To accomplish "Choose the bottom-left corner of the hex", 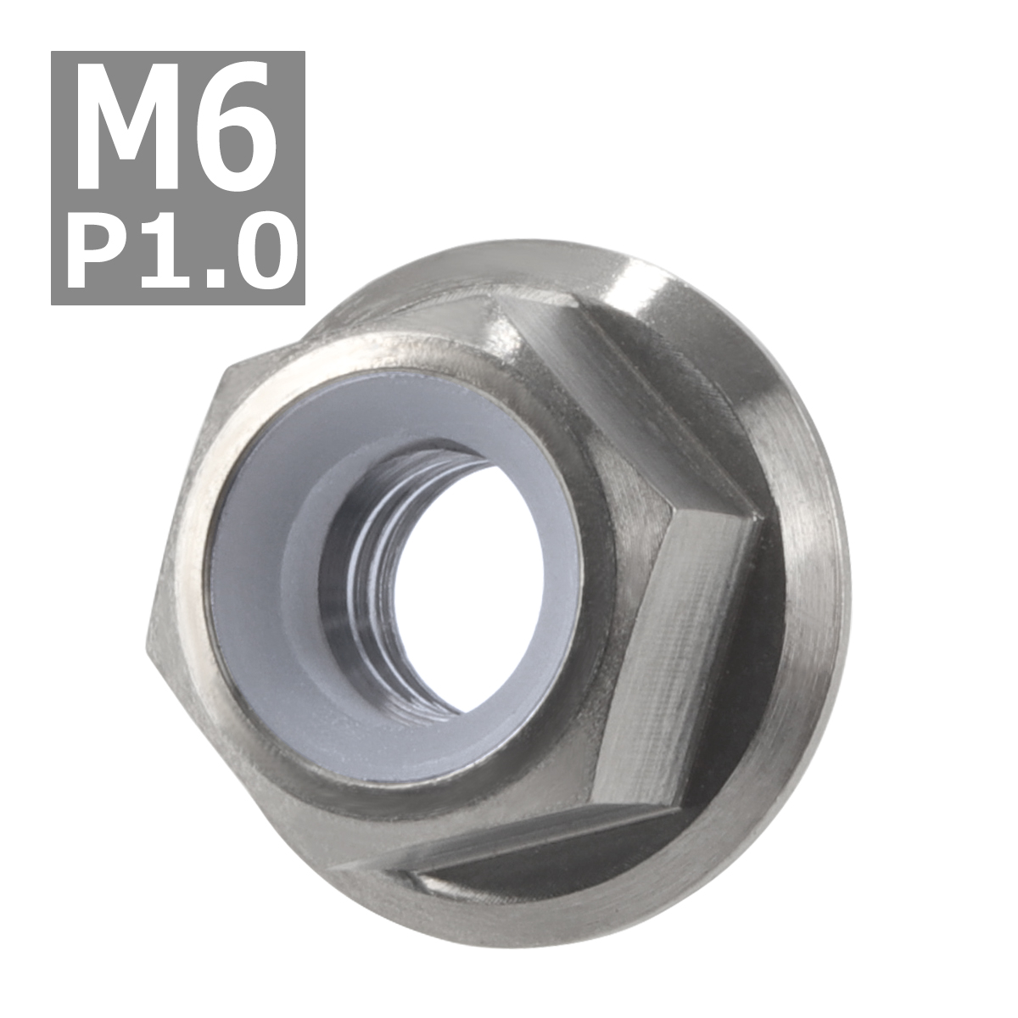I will coord(339,870).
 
